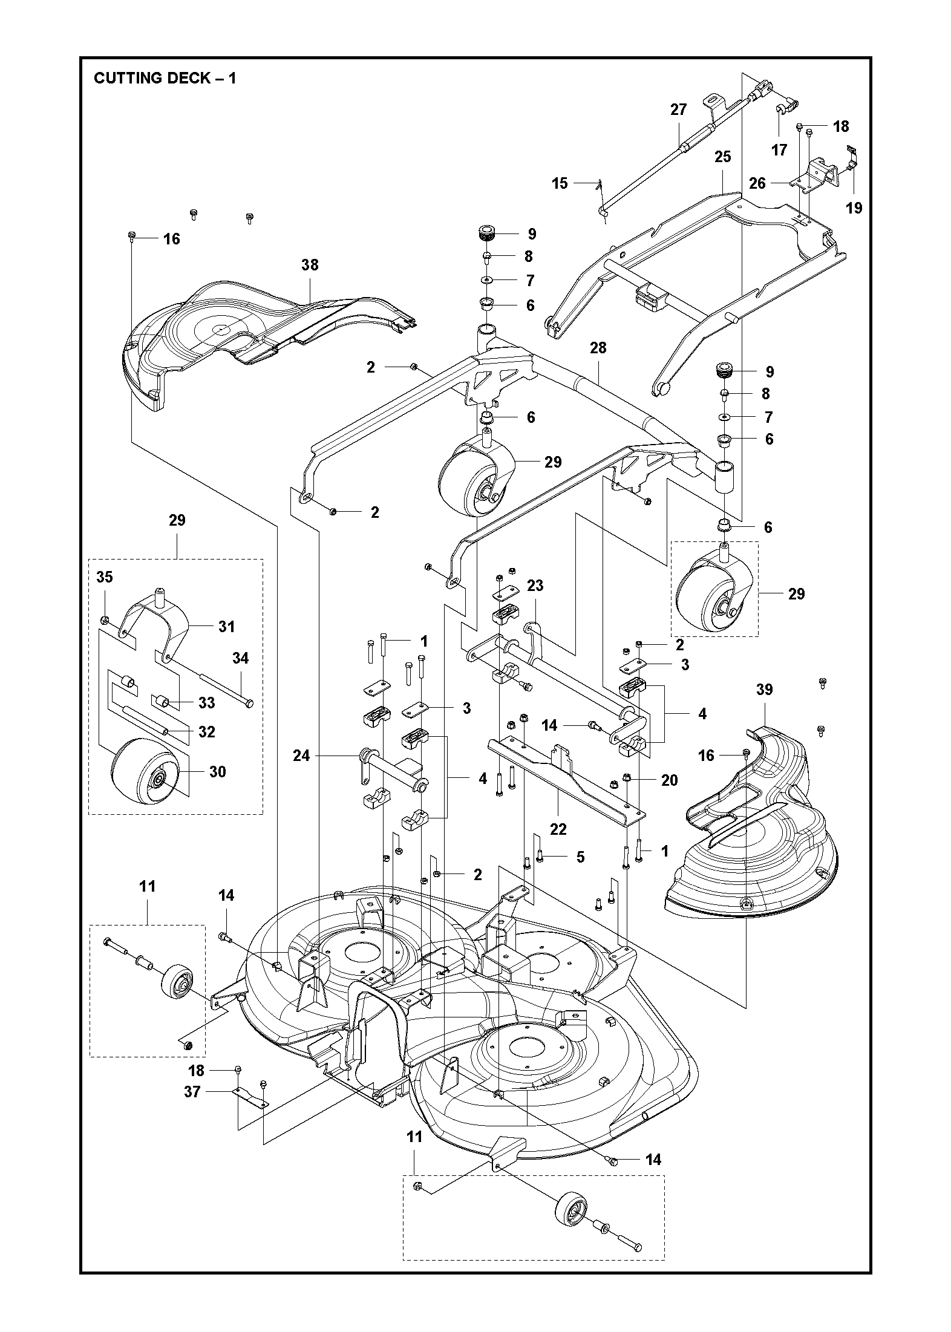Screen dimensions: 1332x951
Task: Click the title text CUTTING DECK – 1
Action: (x=165, y=78)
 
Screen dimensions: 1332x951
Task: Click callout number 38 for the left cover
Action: (x=310, y=265)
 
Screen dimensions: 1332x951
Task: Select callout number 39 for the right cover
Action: (x=764, y=690)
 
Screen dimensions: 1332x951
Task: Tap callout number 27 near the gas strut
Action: (x=679, y=109)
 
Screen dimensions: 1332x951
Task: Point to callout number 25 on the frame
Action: (x=722, y=157)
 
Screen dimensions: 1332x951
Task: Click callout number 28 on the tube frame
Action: (x=598, y=348)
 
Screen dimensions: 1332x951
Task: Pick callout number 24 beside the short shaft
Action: (x=301, y=756)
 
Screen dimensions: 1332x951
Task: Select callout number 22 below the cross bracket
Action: (x=558, y=829)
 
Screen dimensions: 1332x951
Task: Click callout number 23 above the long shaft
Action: (x=535, y=586)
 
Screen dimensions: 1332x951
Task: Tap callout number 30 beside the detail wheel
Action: (x=217, y=772)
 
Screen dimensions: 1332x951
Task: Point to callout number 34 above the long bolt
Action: (x=240, y=658)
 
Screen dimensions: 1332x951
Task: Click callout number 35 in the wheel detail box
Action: (x=105, y=577)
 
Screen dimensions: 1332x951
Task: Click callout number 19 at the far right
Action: (x=854, y=208)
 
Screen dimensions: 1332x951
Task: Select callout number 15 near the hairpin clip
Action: (x=560, y=183)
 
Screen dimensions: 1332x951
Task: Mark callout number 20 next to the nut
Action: (x=669, y=780)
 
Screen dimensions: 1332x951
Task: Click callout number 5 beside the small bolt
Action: (x=580, y=857)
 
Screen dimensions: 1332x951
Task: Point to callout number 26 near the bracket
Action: (x=757, y=183)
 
